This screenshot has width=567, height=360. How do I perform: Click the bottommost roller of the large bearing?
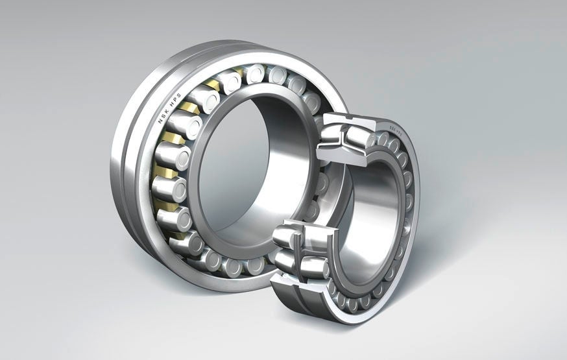click(234, 267)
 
